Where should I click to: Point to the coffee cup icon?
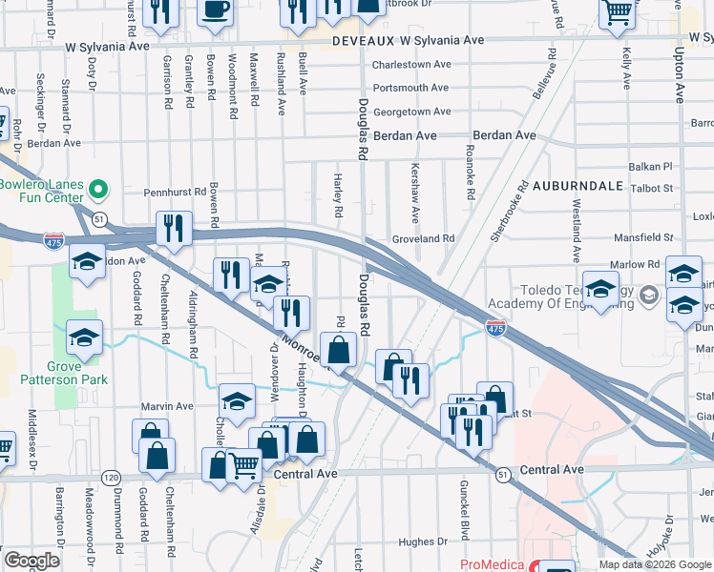click(216, 10)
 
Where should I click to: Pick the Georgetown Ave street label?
click(411, 112)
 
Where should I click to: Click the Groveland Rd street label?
click(423, 238)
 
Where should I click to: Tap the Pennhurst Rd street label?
click(175, 192)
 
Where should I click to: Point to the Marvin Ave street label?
click(167, 406)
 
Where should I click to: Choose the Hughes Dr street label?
click(416, 542)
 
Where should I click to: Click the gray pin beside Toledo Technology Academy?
click(649, 296)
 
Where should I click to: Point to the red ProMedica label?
click(492, 564)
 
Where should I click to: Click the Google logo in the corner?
click(31, 561)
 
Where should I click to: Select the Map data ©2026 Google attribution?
click(655, 564)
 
